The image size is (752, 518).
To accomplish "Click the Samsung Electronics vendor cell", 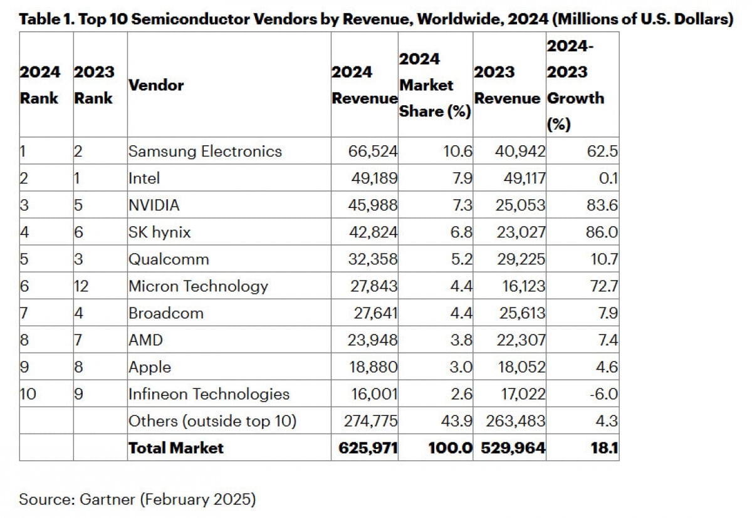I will point(205,151).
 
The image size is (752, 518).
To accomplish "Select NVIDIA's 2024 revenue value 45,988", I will point(373,205).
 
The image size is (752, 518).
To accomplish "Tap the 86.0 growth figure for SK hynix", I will point(601,232).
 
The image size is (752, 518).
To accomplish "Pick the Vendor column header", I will point(156,85).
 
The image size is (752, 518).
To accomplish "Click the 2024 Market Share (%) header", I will point(435,85).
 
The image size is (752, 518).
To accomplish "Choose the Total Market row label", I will point(175,447).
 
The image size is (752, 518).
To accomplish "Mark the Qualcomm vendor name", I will point(169,259).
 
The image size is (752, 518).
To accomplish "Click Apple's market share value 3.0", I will point(461,366).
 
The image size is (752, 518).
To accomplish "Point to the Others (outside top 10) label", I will point(212,421).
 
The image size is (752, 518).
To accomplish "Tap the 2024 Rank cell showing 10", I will point(29,393).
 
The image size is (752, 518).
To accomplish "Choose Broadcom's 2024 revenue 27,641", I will point(373,313).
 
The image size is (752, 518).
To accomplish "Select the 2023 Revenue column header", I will point(507,85).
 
